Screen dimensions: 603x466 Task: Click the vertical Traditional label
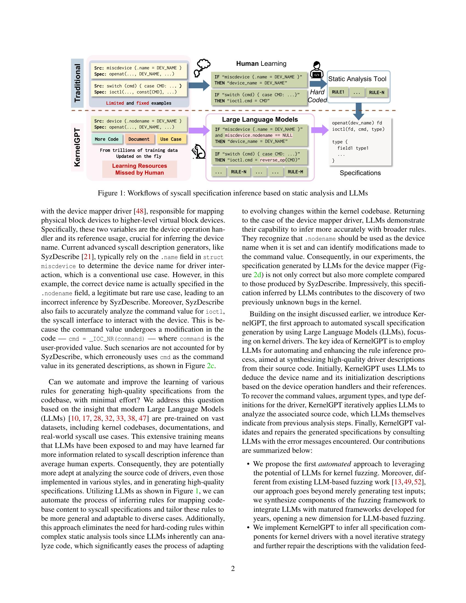pos(77,83)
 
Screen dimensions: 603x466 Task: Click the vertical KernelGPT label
pos(77,147)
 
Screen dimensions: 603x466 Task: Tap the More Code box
pos(107,139)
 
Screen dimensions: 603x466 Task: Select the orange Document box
pos(139,139)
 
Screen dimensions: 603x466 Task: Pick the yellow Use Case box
pos(171,139)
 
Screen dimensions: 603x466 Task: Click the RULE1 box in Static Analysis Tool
pos(338,92)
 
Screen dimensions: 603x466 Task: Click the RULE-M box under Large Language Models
pos(295,172)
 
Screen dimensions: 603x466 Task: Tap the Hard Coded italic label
pos(317,96)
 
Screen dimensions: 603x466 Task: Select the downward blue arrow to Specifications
pos(359,110)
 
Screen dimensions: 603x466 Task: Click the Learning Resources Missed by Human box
pos(140,169)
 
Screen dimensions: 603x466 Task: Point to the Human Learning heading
pos(261,64)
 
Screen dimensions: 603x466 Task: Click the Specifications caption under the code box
pos(360,173)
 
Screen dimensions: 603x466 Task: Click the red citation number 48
pos(140,211)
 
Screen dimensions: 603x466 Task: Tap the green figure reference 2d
pos(257,275)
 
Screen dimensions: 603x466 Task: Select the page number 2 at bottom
pos(233,568)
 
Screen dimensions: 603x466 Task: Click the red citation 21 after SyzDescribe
pos(87,257)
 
